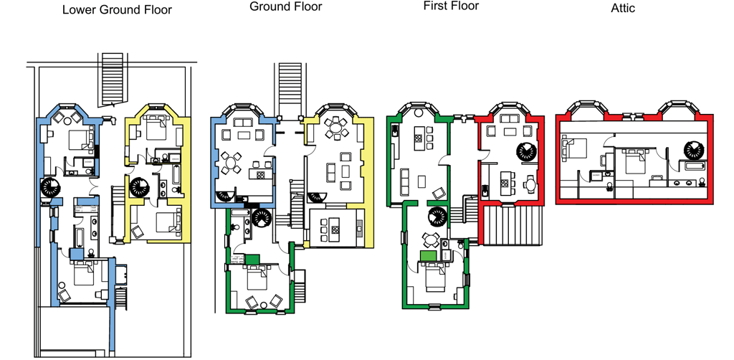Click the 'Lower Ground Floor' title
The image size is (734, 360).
(x=117, y=9)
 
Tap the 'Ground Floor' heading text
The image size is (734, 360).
(x=285, y=6)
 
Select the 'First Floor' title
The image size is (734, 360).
(x=451, y=6)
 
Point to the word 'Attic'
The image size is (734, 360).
(x=623, y=7)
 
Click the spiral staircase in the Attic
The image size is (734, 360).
(x=694, y=151)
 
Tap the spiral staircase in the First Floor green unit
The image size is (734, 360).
(x=438, y=217)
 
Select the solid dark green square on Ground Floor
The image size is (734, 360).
(x=252, y=260)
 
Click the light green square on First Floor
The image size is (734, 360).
(x=428, y=255)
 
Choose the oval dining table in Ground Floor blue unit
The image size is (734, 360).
(x=231, y=164)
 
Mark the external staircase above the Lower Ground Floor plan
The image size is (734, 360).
(x=113, y=79)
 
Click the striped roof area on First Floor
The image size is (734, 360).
(x=513, y=226)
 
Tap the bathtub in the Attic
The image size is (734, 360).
(x=695, y=166)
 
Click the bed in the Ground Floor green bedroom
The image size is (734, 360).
(x=255, y=277)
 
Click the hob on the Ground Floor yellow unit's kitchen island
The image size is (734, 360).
(x=335, y=230)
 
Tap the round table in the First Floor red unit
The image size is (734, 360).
(x=530, y=184)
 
